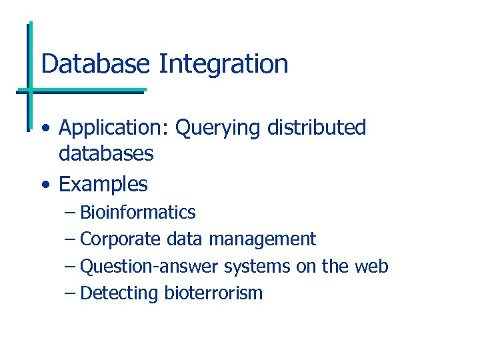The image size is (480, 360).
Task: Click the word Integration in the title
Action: coord(223,64)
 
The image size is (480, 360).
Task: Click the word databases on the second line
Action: coord(106,154)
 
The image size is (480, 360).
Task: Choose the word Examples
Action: coord(103,184)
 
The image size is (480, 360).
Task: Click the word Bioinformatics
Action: coord(137,213)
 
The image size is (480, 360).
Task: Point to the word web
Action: coord(371,266)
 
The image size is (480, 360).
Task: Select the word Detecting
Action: coord(119,293)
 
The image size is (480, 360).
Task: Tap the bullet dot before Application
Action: coord(44,128)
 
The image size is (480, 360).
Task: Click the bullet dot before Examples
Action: coord(44,184)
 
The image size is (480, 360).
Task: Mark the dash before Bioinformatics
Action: coord(70,213)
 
